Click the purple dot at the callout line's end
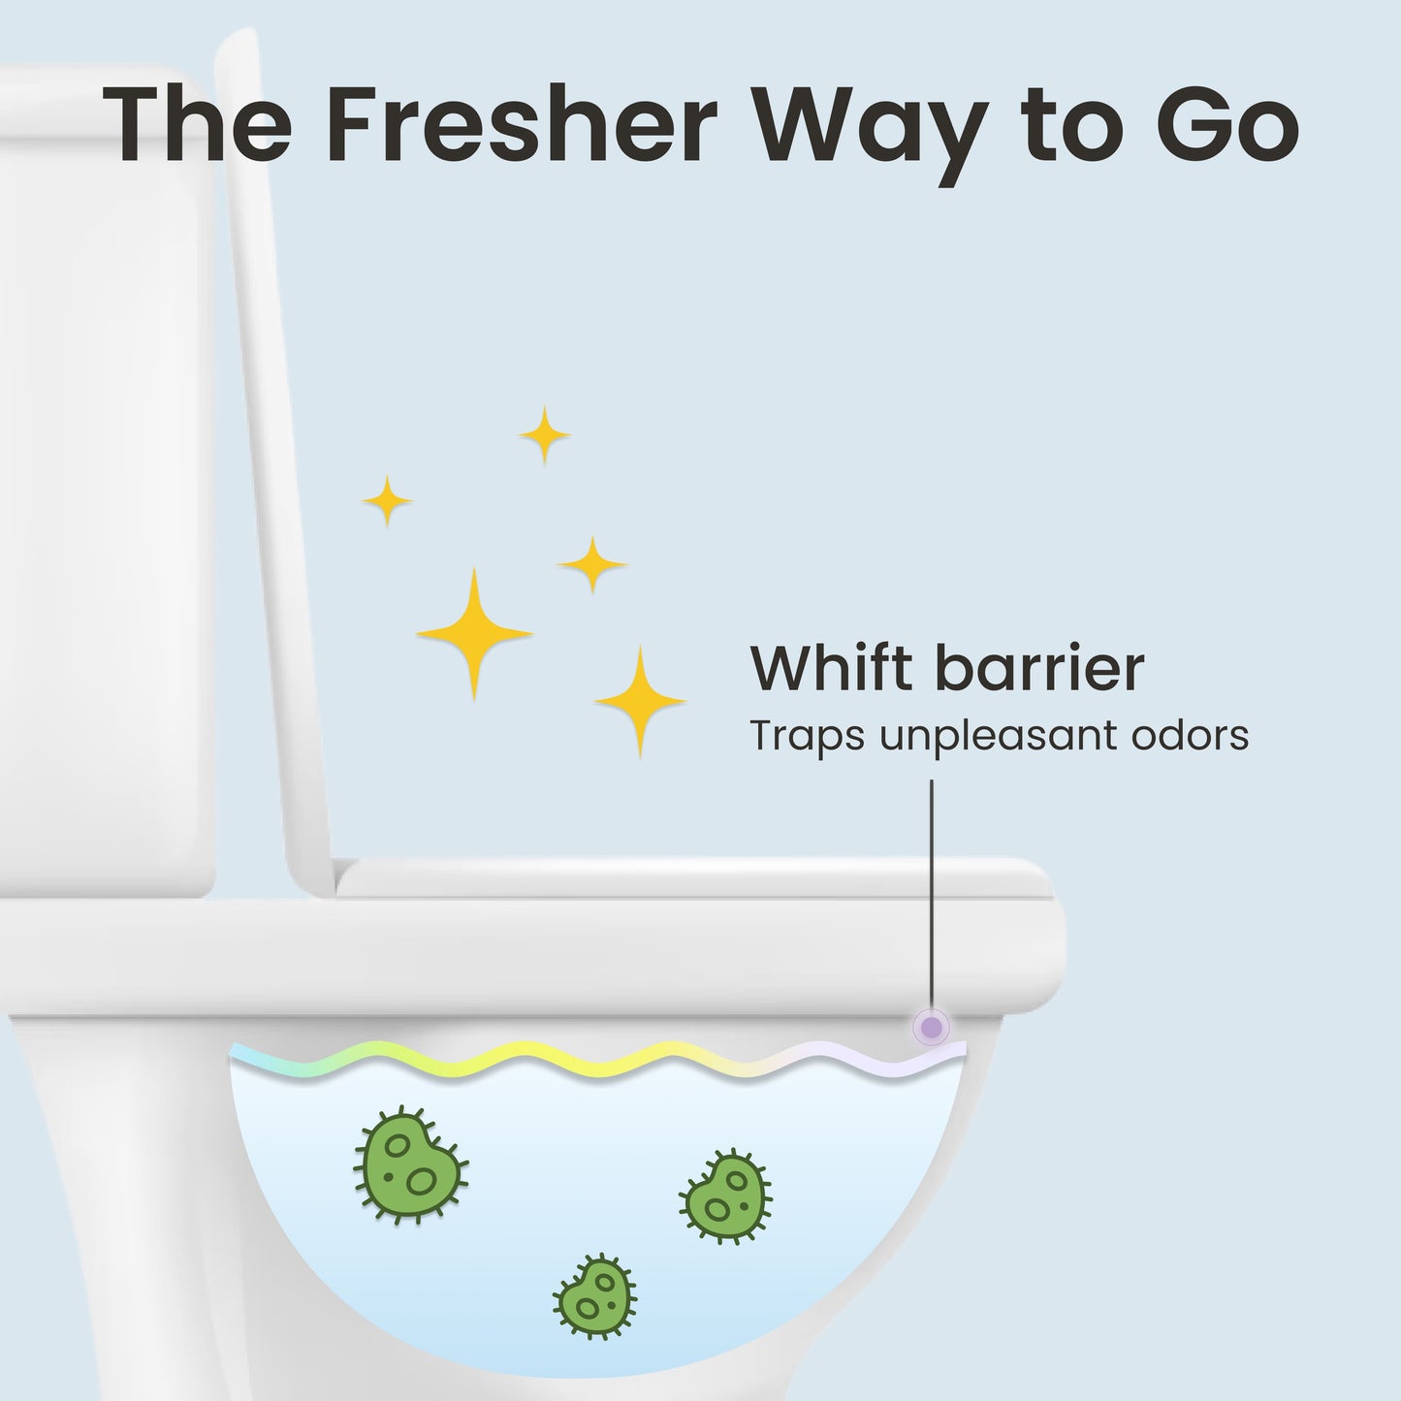[x=932, y=1026]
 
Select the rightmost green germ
[x=726, y=1198]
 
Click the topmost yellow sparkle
[x=544, y=435]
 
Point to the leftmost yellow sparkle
[x=388, y=501]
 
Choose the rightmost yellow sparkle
[x=640, y=700]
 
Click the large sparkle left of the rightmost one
[x=474, y=633]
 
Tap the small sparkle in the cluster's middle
[x=592, y=563]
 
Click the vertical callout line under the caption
[x=932, y=892]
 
